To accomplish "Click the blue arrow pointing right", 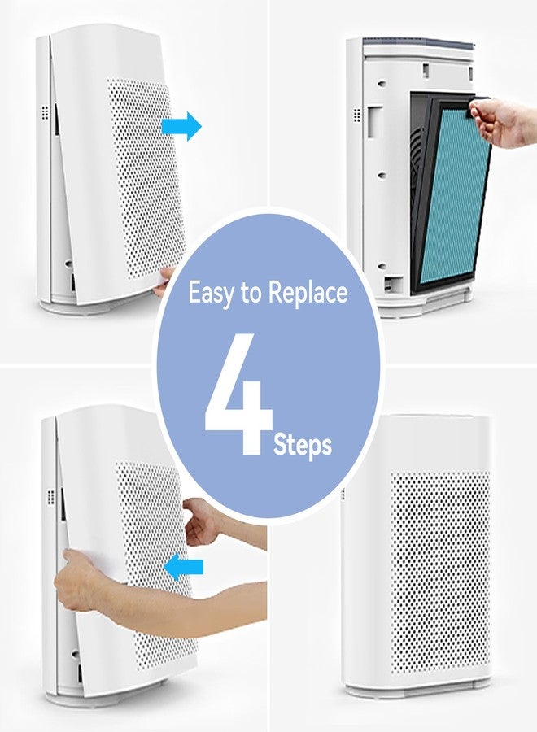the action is [182, 126].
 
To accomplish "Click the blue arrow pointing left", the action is [184, 567].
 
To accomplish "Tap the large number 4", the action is [238, 394].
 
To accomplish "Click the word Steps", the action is [303, 445].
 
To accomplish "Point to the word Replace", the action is [308, 293].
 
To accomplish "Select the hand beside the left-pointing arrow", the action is [202, 521].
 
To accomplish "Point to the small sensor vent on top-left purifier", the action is [45, 112].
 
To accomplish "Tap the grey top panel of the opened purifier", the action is [419, 43].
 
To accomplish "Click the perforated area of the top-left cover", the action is [146, 180].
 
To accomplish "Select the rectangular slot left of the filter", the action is [375, 122].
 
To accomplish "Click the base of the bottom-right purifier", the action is [417, 690].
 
